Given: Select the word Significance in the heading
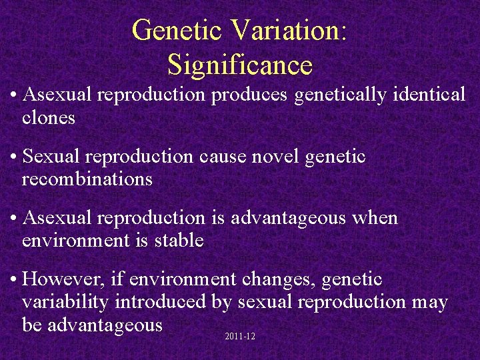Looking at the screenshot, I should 240,65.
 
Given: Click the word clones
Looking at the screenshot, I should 49,118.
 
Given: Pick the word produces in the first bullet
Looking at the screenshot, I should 250,95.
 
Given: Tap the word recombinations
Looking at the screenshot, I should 87,179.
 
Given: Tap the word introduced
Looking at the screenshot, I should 161,301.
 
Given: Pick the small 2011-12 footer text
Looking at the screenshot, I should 241,337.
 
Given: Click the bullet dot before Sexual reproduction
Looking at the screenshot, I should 13,157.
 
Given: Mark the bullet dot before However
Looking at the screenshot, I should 13,279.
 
